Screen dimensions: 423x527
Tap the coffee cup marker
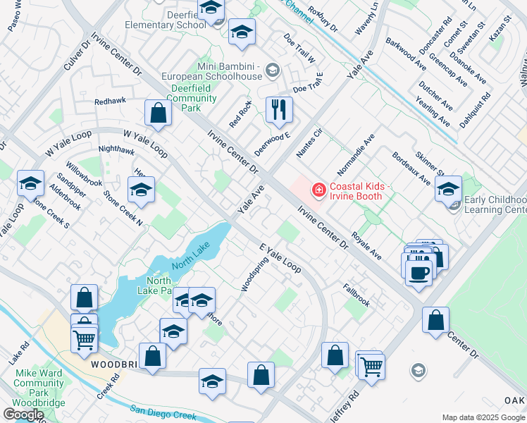click(x=418, y=272)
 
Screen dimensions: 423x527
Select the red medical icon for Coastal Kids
click(x=318, y=190)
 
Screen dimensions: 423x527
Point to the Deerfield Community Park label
click(x=185, y=98)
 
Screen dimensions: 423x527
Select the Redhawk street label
click(x=111, y=101)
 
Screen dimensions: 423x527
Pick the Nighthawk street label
click(x=116, y=149)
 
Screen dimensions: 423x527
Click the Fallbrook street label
click(x=356, y=295)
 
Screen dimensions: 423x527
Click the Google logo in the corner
click(x=23, y=414)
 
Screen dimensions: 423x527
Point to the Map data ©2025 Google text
click(x=483, y=417)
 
